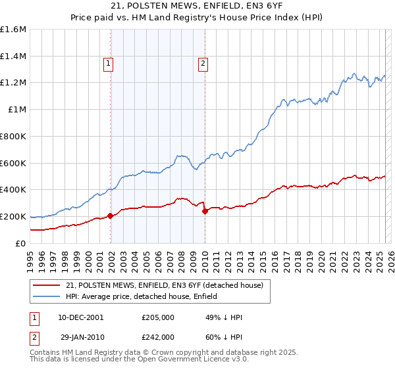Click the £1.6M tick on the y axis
[14, 30]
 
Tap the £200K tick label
[14, 216]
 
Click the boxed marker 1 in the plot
[108, 64]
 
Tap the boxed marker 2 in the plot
[203, 64]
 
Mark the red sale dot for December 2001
[111, 216]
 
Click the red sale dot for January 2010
[205, 211]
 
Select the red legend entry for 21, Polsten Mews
[165, 285]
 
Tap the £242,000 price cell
[157, 336]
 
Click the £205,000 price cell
[157, 317]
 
